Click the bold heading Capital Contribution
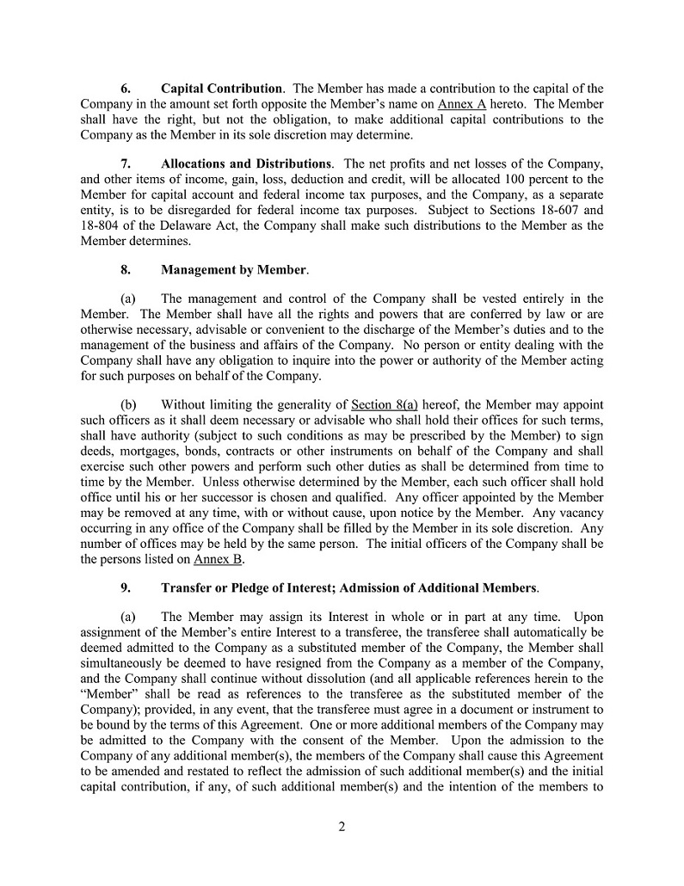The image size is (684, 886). click(x=222, y=89)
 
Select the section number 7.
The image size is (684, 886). click(x=126, y=163)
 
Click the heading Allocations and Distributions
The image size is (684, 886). click(x=246, y=163)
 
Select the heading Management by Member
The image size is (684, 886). click(x=234, y=270)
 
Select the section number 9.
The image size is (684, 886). click(x=126, y=588)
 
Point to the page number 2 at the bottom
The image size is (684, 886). click(x=342, y=828)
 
